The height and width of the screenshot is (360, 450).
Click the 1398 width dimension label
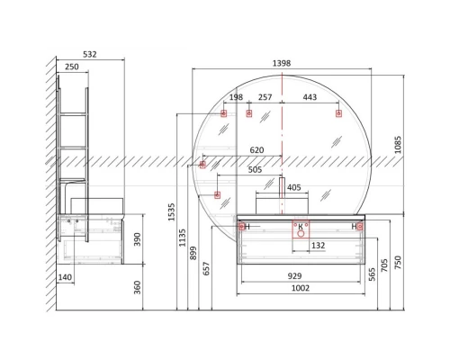[282, 63]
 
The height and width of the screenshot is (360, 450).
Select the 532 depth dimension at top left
[90, 54]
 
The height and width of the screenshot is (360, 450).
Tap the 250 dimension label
[72, 67]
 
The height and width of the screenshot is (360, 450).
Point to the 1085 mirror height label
[398, 145]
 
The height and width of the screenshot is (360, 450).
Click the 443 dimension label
[310, 97]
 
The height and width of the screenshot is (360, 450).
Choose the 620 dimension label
[256, 150]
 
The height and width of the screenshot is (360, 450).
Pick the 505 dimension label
[255, 170]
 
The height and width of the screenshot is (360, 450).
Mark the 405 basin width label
[293, 187]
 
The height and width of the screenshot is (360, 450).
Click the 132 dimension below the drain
[319, 246]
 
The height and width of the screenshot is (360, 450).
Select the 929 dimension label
[294, 276]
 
